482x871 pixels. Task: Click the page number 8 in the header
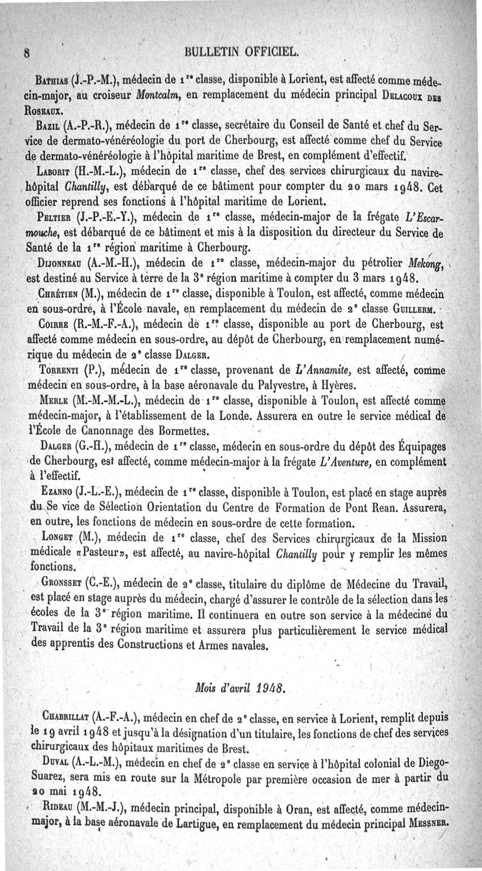tap(28, 51)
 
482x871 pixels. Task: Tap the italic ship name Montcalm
tap(146, 92)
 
